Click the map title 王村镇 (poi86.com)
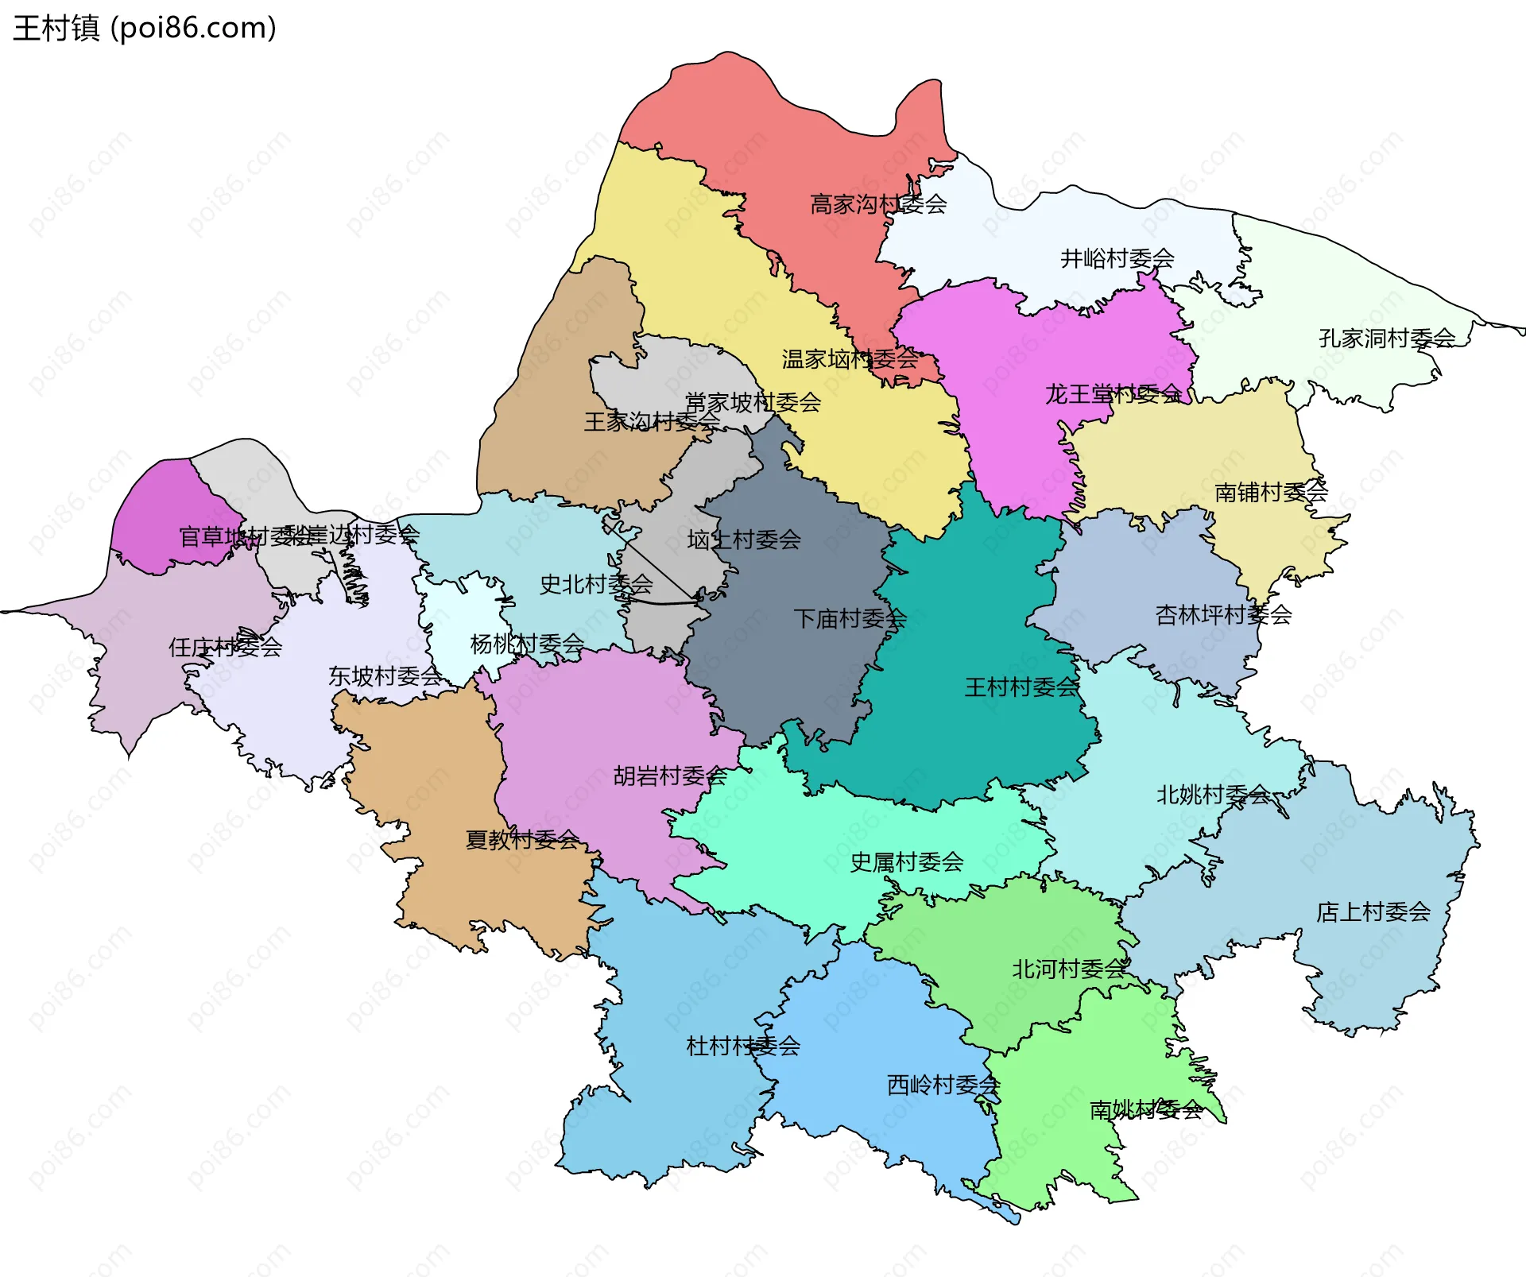click(x=145, y=28)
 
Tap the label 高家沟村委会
click(x=878, y=205)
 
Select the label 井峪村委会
click(x=1117, y=258)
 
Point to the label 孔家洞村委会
click(x=1387, y=339)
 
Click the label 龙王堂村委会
click(x=1113, y=394)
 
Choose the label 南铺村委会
click(x=1271, y=493)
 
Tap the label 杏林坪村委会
click(x=1223, y=615)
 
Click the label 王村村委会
click(x=1021, y=687)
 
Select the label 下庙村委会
click(x=850, y=618)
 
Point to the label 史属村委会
click(x=907, y=862)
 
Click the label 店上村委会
click(x=1373, y=912)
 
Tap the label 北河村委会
click(x=1069, y=969)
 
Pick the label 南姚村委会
click(x=1145, y=1110)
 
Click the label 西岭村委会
click(x=943, y=1085)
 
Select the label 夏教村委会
click(x=521, y=839)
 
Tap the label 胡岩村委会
click(x=670, y=776)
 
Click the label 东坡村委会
click(x=385, y=676)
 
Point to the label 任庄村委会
click(x=225, y=647)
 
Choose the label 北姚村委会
click(x=1213, y=795)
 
